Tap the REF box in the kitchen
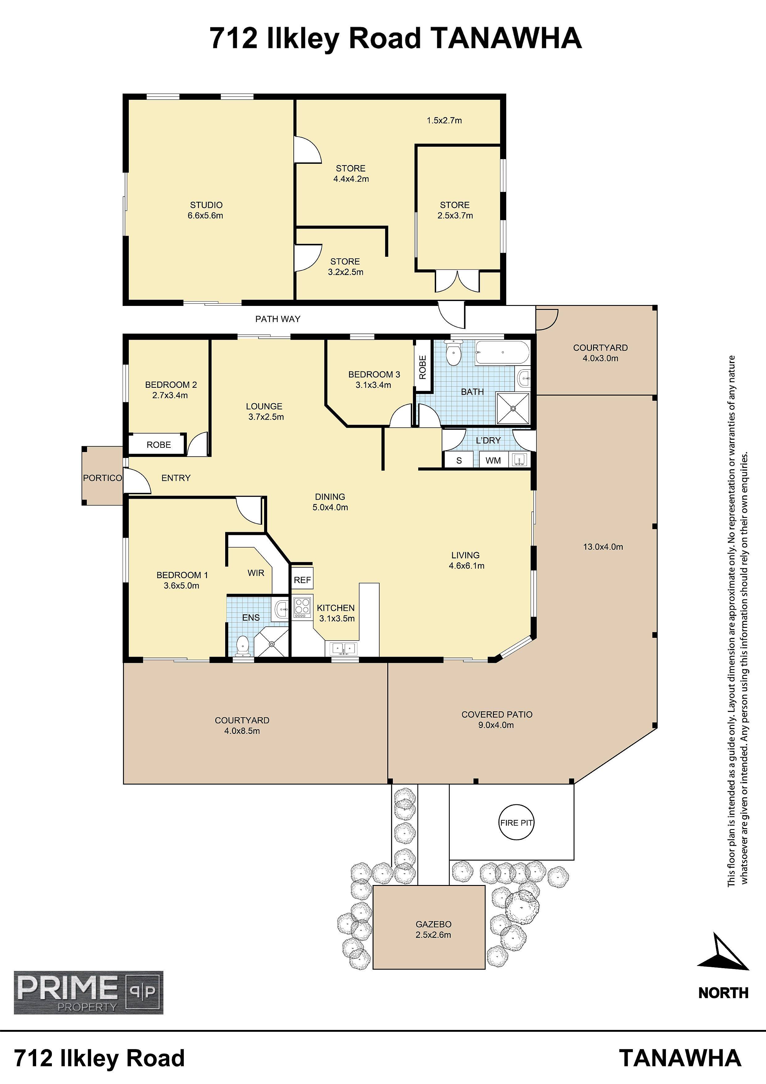(302, 580)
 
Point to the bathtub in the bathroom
(503, 353)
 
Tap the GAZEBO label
(433, 924)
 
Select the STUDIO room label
(206, 205)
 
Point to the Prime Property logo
(89, 993)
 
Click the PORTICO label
(103, 478)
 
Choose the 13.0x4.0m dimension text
(603, 547)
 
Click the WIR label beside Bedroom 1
(256, 573)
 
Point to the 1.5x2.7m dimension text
(444, 121)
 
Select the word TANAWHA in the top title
(507, 38)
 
